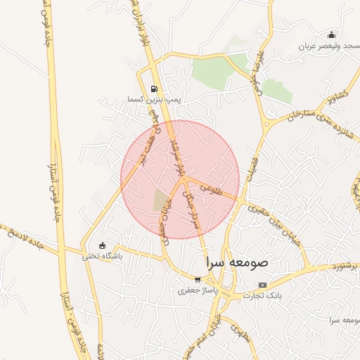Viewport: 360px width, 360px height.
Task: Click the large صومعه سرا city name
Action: [238, 262]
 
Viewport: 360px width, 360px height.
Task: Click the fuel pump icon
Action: [153, 89]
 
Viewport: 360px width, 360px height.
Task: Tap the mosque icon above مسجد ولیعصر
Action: [331, 35]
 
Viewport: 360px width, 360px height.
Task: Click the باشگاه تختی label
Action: [103, 256]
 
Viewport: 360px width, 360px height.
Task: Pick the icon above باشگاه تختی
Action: [103, 245]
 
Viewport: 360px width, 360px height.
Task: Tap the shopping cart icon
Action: [197, 279]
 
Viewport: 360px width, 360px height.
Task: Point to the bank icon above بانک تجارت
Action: [262, 285]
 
